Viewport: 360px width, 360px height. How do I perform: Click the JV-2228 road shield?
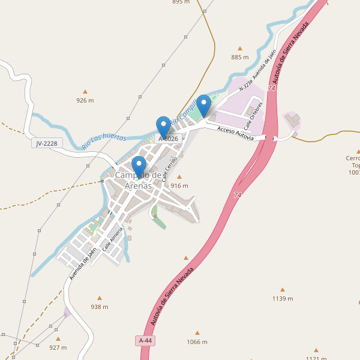click(x=47, y=143)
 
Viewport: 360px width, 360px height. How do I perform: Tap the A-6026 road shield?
click(x=168, y=139)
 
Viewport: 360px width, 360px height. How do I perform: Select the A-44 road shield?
click(x=145, y=341)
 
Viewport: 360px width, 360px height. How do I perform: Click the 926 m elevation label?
click(x=85, y=100)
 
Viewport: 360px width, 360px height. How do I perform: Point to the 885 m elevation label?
click(x=239, y=57)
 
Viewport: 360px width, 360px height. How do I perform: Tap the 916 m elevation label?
click(x=179, y=185)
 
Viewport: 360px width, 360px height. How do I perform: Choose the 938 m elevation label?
click(x=100, y=307)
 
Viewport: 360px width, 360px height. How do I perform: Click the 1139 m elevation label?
click(x=283, y=298)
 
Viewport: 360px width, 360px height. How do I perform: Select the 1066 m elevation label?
click(x=197, y=342)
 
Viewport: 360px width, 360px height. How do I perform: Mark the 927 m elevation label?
click(x=58, y=347)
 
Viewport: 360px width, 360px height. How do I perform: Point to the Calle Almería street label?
click(x=112, y=238)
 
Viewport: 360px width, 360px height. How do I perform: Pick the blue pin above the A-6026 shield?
click(x=163, y=127)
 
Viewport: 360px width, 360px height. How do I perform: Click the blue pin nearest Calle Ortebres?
click(x=204, y=106)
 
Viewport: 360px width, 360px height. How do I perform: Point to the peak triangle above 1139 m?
click(x=283, y=289)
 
